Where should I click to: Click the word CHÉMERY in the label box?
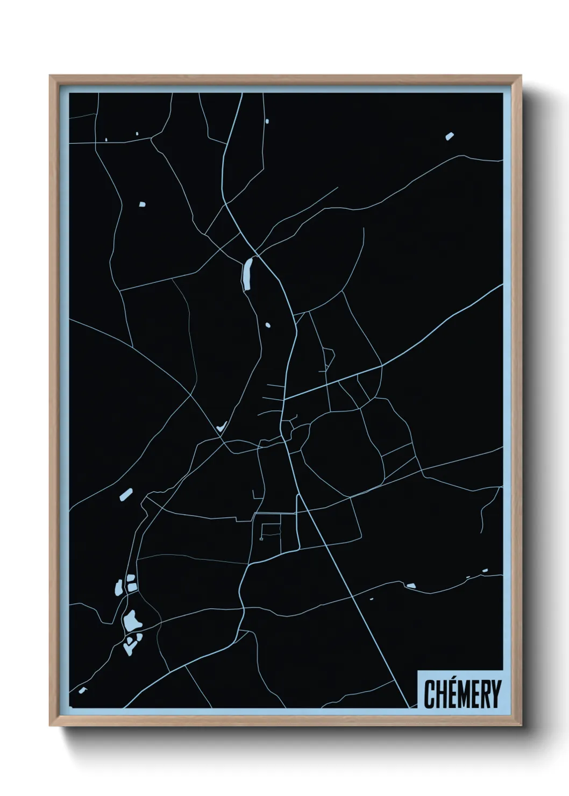pyautogui.click(x=462, y=694)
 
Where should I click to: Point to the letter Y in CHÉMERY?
pyautogui.click(x=495, y=694)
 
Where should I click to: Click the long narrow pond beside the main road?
pyautogui.click(x=247, y=274)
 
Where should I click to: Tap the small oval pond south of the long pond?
pyautogui.click(x=268, y=325)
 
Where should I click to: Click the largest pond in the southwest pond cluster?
pyautogui.click(x=132, y=621)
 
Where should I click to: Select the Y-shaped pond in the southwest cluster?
pyautogui.click(x=131, y=642)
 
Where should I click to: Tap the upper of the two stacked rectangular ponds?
pyautogui.click(x=130, y=578)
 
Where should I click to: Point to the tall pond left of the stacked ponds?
pyautogui.click(x=118, y=588)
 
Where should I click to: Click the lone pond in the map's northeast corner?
pyautogui.click(x=450, y=136)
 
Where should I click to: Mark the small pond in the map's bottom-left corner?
pyautogui.click(x=82, y=690)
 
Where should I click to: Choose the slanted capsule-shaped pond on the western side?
pyautogui.click(x=126, y=494)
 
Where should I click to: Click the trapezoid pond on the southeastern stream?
pyautogui.click(x=410, y=585)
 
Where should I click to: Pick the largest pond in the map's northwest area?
pyautogui.click(x=143, y=204)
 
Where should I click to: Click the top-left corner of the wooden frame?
pyautogui.click(x=50, y=76)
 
